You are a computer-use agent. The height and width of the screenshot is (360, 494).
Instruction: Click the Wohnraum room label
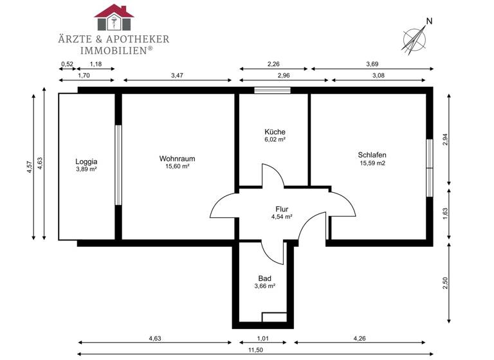[x=177, y=158]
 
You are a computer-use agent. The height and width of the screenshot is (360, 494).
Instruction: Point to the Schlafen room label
[x=372, y=154]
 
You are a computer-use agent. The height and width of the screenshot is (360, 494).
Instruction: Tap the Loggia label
[x=86, y=161]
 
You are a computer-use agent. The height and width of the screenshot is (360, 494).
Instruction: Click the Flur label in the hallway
[x=282, y=209]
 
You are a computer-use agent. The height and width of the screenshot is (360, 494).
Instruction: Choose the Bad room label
[x=265, y=278]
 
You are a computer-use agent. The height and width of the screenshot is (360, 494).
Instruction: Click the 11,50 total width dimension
[x=256, y=350]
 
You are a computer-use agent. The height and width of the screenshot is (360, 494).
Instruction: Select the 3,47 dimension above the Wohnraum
[x=177, y=76]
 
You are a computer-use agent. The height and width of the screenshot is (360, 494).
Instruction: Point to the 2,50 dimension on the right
[x=445, y=283]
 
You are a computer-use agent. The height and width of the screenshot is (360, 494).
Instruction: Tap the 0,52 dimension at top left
[x=67, y=64]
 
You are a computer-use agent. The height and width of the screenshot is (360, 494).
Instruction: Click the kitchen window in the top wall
[x=272, y=91]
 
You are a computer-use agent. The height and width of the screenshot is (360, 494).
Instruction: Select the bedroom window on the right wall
[x=429, y=167]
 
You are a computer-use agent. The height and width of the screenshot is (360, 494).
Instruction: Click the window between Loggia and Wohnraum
[x=118, y=165]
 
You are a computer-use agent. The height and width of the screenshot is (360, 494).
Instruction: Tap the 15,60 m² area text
[x=177, y=166]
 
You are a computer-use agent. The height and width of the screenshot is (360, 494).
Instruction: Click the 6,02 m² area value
[x=275, y=139]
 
